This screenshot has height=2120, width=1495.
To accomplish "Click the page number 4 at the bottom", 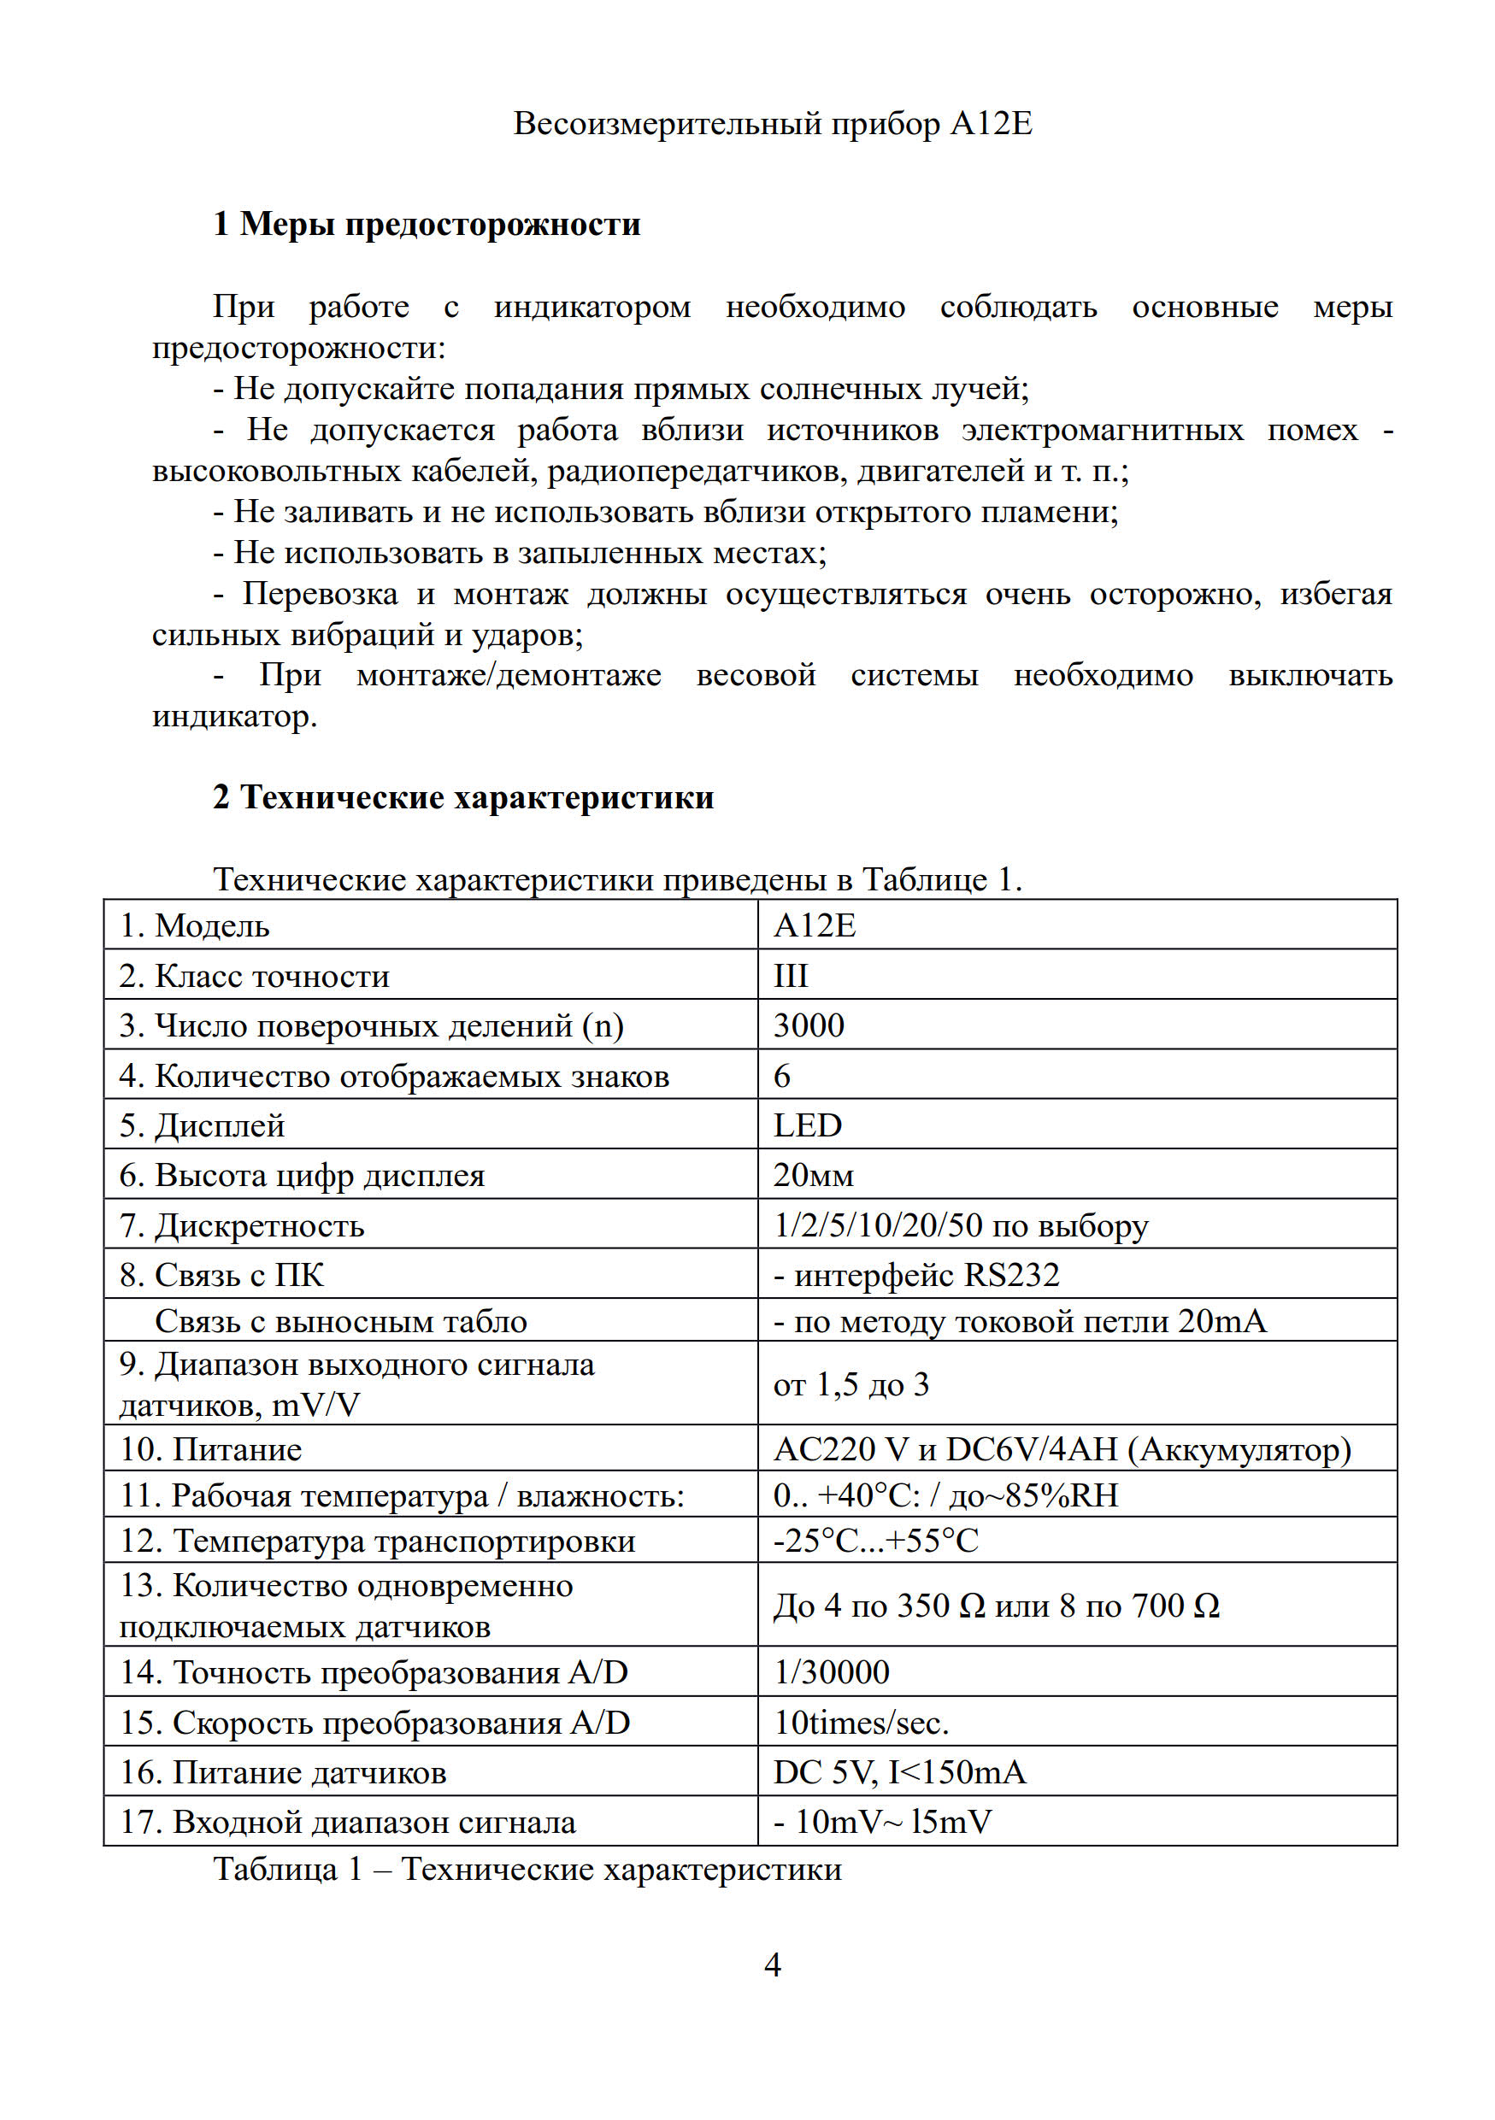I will [772, 1964].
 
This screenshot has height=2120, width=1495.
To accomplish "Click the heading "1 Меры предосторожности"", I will [426, 225].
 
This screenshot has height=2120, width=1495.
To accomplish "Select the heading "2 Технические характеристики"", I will [462, 797].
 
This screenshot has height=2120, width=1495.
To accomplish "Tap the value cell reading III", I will [791, 976].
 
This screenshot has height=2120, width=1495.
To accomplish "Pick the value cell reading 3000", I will [808, 1026].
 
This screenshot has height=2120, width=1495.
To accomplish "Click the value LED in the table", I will [807, 1125].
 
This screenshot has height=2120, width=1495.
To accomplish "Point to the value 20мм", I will [813, 1176].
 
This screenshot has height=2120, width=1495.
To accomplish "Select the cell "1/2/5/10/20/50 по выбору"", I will [961, 1225].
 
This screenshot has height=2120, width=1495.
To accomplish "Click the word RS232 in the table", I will [1011, 1275].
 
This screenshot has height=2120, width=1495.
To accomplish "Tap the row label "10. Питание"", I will [210, 1450].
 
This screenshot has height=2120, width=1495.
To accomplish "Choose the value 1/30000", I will [831, 1672].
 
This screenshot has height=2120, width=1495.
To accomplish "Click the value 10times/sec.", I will [861, 1723].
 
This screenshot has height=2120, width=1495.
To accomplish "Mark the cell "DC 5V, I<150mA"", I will [898, 1773].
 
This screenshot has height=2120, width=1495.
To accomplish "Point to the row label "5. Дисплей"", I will [202, 1125].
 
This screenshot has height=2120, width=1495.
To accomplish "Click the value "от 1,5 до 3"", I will [851, 1384].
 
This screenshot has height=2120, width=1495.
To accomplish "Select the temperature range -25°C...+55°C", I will [875, 1541].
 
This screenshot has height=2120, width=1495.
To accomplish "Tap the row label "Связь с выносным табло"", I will [341, 1321].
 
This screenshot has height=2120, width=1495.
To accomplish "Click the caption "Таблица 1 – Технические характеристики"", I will [527, 1869].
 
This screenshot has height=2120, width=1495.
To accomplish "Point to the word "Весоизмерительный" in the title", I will [667, 124].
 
